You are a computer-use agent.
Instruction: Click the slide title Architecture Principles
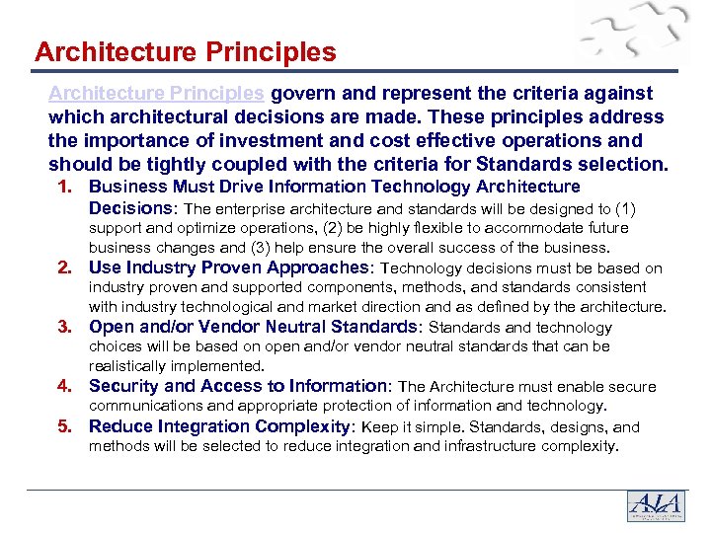point(185,51)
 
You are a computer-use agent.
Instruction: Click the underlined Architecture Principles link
point(156,93)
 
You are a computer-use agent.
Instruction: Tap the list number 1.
point(68,187)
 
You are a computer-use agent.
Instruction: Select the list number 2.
point(68,267)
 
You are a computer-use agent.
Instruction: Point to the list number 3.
point(68,327)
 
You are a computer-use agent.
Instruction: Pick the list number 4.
point(68,386)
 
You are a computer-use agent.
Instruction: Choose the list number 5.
point(68,426)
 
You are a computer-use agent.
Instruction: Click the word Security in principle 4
point(124,386)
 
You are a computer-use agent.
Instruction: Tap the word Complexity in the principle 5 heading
point(301,426)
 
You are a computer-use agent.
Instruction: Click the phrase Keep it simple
point(415,427)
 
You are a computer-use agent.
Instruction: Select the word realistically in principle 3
point(131,365)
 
